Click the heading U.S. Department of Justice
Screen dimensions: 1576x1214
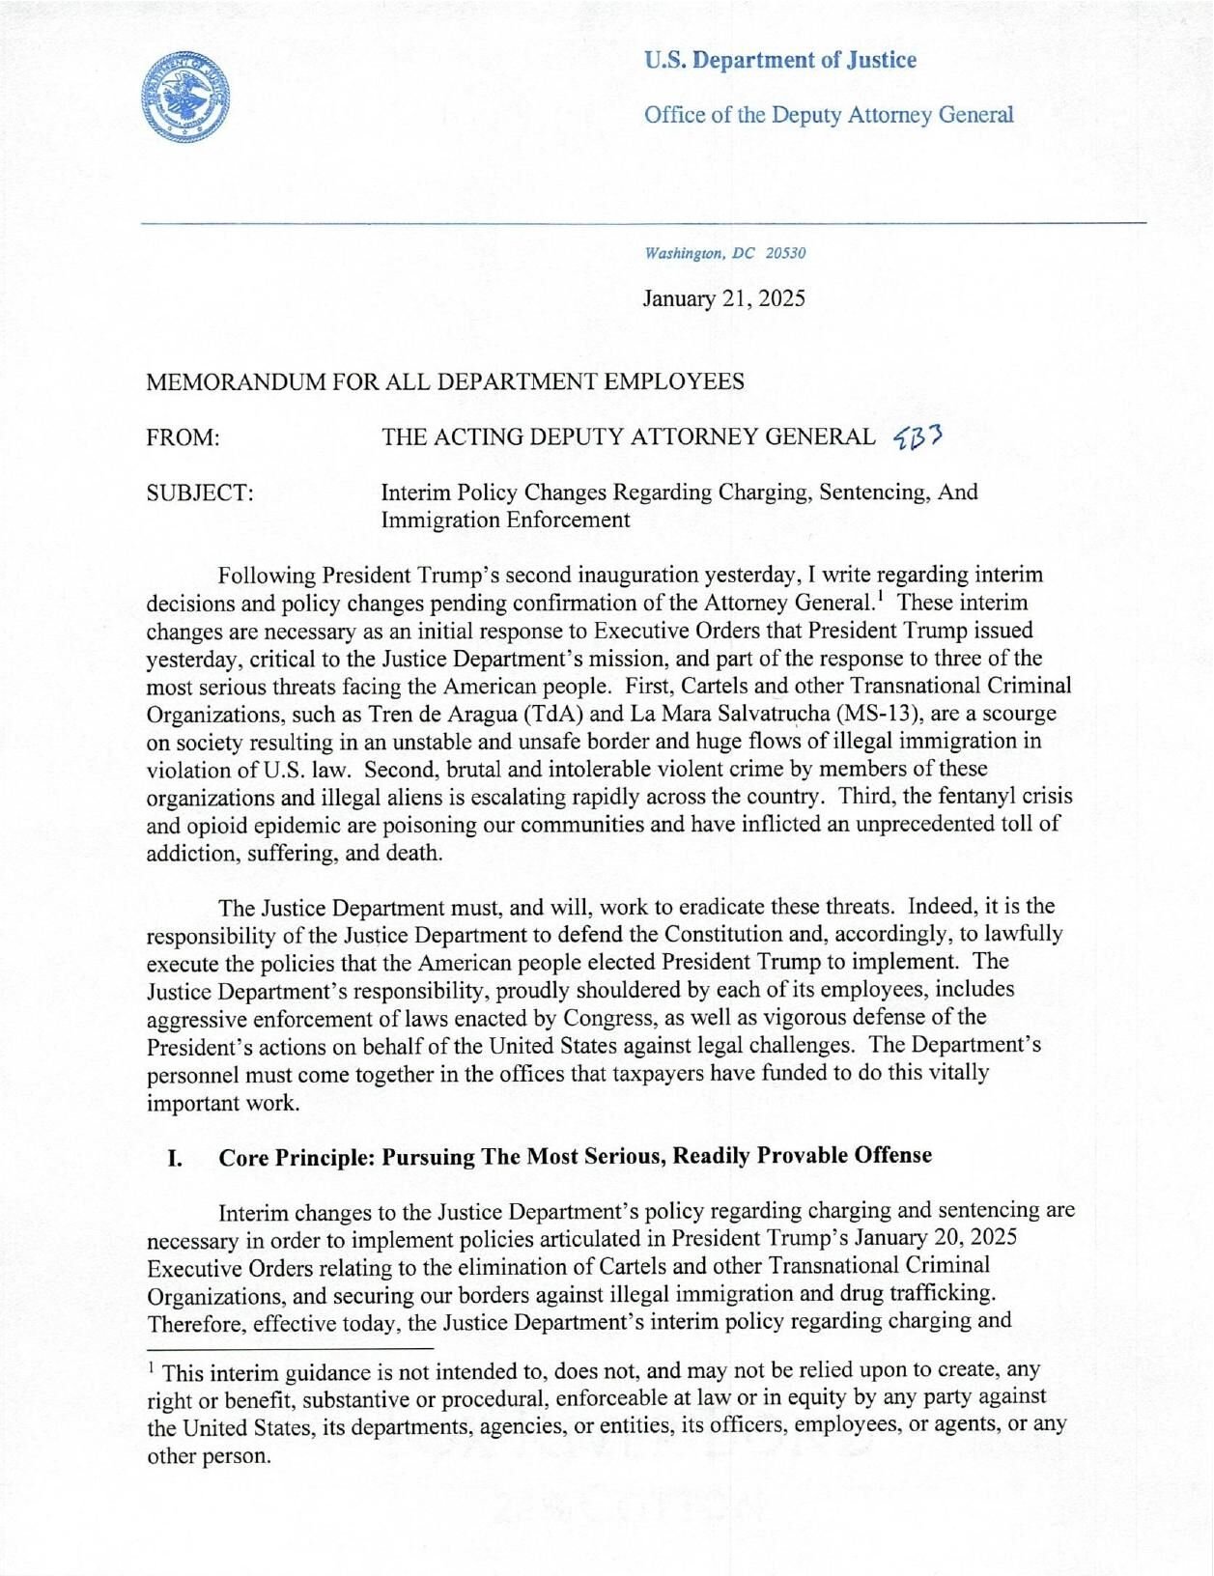pos(779,60)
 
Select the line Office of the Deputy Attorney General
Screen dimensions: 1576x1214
pos(829,116)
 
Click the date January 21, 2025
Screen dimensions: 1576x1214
pos(723,298)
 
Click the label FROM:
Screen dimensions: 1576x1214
pos(184,437)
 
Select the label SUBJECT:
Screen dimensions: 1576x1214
pos(200,492)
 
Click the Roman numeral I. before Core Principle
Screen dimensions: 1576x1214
pos(175,1157)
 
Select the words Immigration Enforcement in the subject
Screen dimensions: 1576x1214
pos(505,521)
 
